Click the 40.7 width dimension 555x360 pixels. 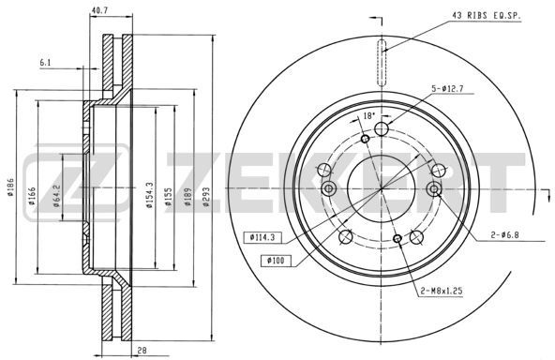(99, 10)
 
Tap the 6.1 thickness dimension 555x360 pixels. (45, 63)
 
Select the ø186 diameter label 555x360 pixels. (10, 187)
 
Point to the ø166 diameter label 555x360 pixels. (32, 196)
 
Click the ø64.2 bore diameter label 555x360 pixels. (56, 196)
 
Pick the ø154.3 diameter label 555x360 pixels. (149, 195)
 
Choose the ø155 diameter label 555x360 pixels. (169, 197)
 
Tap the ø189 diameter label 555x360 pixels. (187, 197)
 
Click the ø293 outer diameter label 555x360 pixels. (206, 197)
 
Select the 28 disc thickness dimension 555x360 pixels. (142, 351)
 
